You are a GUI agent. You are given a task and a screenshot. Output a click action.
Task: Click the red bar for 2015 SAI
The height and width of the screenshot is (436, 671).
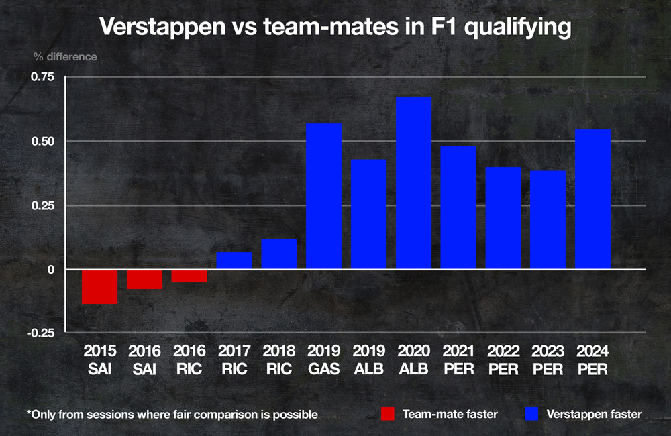point(99,286)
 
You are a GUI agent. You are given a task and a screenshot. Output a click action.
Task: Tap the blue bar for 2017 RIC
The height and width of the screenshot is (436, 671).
point(234,260)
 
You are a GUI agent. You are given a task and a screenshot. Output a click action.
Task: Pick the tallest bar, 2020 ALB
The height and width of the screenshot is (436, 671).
point(414,182)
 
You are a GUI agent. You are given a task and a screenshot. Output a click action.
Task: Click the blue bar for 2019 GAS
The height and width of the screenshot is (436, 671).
point(324,196)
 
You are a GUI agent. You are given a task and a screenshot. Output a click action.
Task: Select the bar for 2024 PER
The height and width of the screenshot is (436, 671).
point(593,199)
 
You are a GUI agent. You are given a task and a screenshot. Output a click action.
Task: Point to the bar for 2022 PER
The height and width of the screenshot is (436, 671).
point(503,218)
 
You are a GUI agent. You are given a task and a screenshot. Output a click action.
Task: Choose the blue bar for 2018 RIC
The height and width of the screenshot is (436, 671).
point(279,254)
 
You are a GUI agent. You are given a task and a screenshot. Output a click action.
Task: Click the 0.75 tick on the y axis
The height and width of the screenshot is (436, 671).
point(42,76)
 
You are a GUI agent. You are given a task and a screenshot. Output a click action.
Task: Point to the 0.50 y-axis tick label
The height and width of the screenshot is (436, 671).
point(42,141)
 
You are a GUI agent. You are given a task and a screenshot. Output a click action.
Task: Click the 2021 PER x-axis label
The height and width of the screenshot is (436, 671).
point(458,360)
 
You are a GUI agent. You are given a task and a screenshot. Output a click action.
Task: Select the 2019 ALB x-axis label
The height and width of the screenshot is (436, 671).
point(369,360)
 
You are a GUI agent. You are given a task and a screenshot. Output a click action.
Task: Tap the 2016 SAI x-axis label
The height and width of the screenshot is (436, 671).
point(144,360)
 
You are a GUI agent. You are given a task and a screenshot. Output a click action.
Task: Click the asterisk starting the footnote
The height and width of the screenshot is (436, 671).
point(29,412)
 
